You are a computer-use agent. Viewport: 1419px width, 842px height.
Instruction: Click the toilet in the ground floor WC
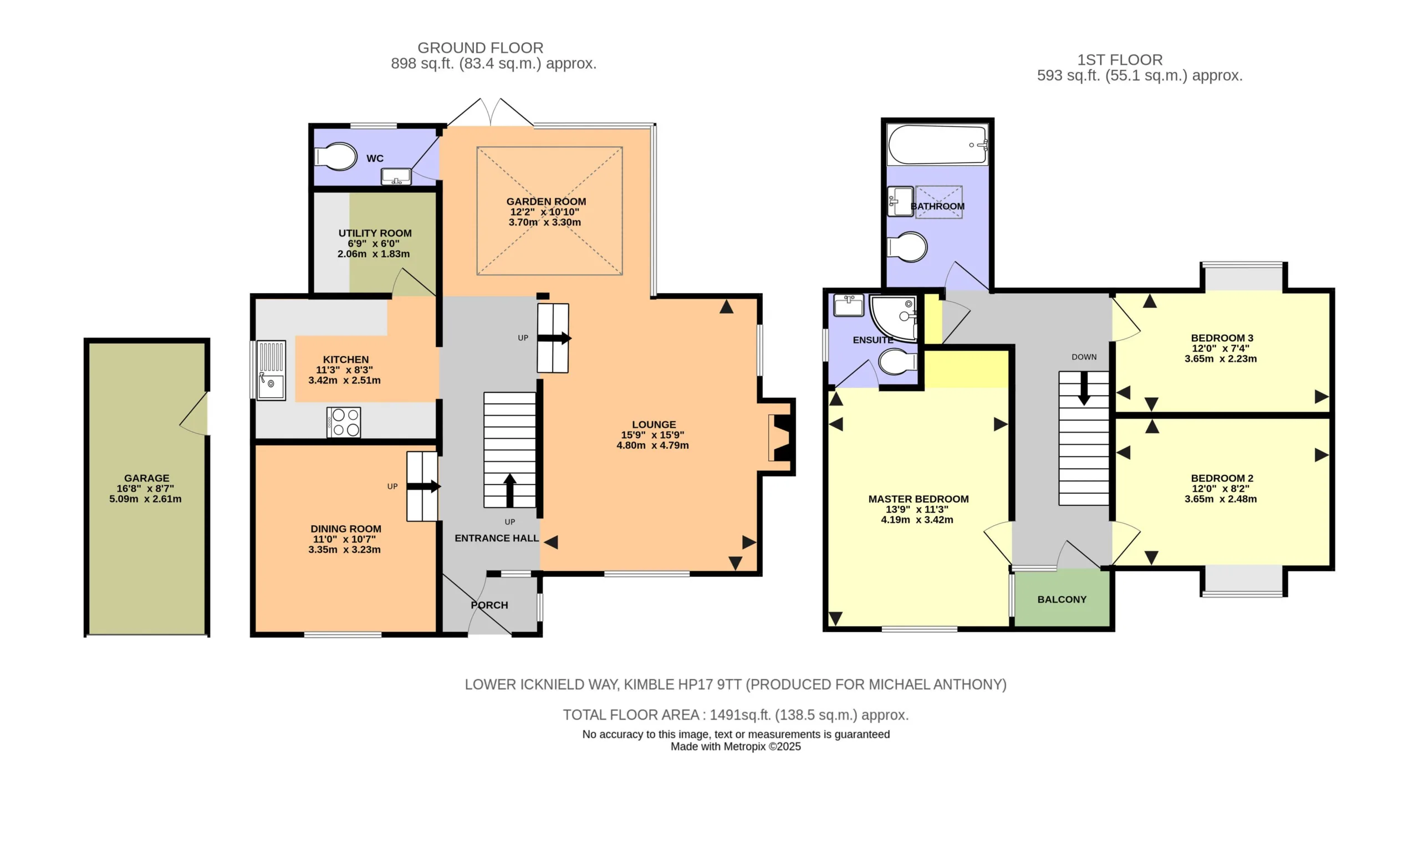click(336, 156)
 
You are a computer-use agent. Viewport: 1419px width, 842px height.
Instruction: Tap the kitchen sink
click(270, 370)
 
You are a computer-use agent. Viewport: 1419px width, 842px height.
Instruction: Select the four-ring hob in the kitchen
click(344, 422)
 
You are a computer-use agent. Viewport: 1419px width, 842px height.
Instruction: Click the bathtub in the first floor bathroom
click(937, 145)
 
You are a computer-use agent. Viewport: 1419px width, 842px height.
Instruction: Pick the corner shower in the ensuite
click(894, 319)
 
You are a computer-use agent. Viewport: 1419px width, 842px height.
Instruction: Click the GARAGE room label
click(146, 478)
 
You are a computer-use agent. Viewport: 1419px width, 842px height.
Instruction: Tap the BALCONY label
click(1061, 599)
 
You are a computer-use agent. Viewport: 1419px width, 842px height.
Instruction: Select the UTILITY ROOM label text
click(375, 233)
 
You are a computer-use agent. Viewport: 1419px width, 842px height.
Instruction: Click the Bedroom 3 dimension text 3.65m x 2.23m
click(1221, 358)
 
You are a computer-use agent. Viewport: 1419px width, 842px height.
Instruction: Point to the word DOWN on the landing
click(1084, 357)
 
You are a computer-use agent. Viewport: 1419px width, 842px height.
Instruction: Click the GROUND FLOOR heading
click(480, 48)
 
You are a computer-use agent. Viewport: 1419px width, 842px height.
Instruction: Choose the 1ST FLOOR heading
click(1120, 60)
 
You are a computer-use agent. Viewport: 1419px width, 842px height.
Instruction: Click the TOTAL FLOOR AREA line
click(736, 715)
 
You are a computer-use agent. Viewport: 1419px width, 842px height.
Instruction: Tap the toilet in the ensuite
click(897, 361)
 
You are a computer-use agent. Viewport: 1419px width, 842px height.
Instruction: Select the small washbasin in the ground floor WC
click(396, 177)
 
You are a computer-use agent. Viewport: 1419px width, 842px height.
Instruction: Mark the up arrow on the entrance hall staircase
click(509, 490)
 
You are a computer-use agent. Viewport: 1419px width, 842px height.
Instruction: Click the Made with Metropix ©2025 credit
click(736, 747)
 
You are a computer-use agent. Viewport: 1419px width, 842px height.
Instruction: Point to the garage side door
click(195, 414)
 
